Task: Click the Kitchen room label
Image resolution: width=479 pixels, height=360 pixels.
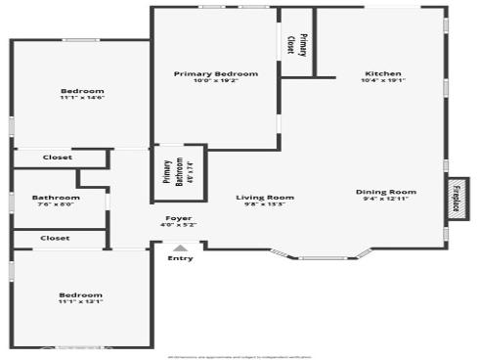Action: (x=383, y=73)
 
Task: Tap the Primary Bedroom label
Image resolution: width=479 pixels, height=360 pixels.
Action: (x=216, y=73)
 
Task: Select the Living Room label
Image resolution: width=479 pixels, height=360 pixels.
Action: (x=265, y=198)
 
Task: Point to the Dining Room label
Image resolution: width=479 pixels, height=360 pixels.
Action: (x=386, y=192)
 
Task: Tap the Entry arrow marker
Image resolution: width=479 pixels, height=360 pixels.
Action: (x=180, y=248)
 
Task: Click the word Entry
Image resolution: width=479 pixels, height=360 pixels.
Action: (x=180, y=258)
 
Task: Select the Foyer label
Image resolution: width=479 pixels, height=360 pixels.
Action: (x=178, y=218)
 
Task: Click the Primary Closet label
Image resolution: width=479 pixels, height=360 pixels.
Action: (x=297, y=44)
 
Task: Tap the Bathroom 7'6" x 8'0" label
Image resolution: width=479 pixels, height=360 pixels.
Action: (x=56, y=198)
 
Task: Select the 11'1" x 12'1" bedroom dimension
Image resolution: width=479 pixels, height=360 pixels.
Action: (x=80, y=302)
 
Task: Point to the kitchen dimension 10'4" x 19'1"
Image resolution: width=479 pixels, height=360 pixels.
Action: (x=383, y=81)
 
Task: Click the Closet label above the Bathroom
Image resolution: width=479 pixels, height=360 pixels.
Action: (x=56, y=157)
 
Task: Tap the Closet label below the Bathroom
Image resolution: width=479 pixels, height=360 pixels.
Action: (x=55, y=238)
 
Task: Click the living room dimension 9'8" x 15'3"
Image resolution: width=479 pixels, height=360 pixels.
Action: (x=265, y=204)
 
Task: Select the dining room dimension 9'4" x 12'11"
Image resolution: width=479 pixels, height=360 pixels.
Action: (x=386, y=199)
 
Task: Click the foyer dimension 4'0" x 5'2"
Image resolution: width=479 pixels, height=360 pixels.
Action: (x=178, y=225)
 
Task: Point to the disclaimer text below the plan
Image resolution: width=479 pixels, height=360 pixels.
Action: (x=239, y=356)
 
